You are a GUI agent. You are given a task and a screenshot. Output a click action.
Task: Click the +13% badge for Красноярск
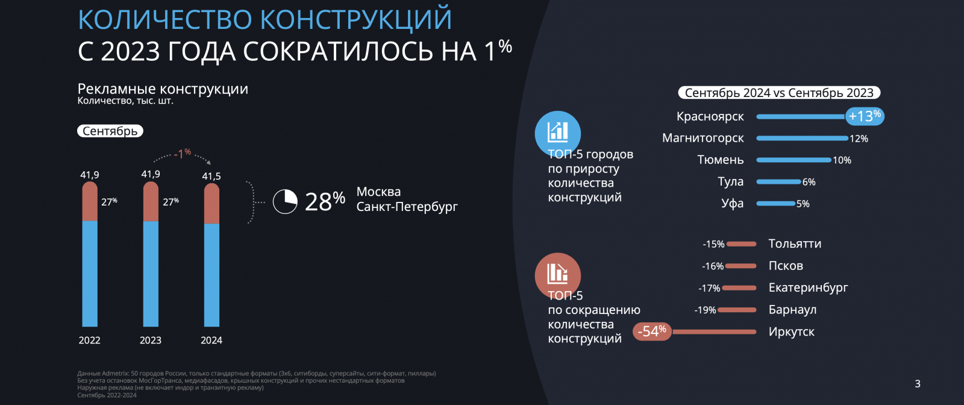coord(865,116)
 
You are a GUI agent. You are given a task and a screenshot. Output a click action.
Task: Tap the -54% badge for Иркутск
coord(652,331)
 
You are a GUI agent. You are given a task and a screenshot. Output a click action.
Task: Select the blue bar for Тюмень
coord(793,160)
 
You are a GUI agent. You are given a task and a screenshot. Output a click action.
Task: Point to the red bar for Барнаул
coord(737,310)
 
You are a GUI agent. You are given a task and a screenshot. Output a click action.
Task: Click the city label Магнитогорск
coord(703,138)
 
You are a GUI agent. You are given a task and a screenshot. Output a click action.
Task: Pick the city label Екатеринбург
coord(808,287)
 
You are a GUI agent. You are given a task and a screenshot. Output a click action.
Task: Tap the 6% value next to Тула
coord(809,182)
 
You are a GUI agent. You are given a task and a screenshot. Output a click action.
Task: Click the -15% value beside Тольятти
coord(713,244)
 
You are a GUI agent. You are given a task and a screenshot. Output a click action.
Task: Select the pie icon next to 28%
coord(285,202)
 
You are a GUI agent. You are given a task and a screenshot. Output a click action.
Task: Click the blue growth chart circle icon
coord(558,133)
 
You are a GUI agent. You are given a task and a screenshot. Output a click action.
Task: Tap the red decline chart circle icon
coord(558,275)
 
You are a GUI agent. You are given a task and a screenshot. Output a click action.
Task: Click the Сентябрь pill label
coord(110,131)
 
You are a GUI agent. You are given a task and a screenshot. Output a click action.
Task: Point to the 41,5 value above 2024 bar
coord(211,176)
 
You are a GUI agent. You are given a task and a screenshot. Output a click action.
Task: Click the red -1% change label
coord(183,153)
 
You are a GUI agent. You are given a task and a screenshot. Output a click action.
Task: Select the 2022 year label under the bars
coord(90,340)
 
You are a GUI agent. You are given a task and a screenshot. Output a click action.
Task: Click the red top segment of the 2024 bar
coord(211,204)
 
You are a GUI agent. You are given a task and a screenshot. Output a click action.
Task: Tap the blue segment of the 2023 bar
coord(151,274)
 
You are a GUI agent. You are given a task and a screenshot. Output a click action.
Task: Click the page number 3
coord(918,384)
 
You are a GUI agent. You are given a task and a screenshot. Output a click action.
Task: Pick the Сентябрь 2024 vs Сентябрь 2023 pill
coord(780,93)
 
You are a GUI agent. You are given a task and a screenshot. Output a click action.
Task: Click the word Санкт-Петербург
coord(407,207)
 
